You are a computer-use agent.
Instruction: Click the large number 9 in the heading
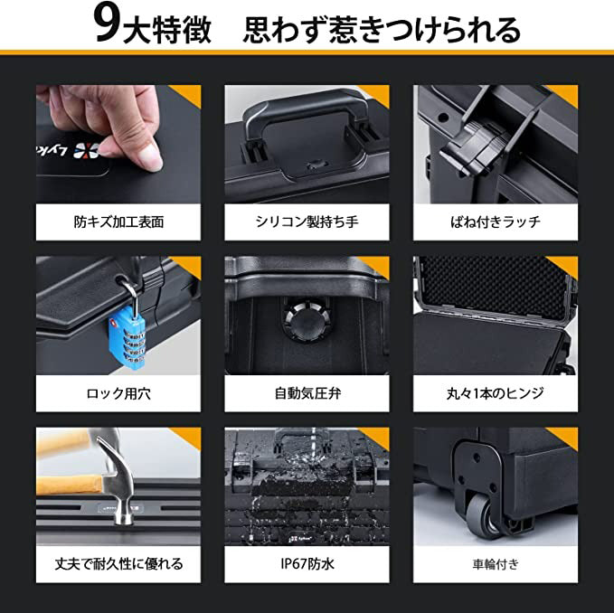pyautogui.click(x=106, y=27)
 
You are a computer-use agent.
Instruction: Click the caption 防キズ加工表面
pyautogui.click(x=118, y=222)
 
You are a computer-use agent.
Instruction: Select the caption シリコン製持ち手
pyautogui.click(x=307, y=222)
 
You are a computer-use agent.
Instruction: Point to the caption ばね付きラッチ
pyautogui.click(x=496, y=222)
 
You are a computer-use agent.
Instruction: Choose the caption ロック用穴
pyautogui.click(x=118, y=393)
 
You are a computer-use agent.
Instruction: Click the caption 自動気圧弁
pyautogui.click(x=307, y=393)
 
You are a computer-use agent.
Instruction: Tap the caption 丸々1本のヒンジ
pyautogui.click(x=496, y=393)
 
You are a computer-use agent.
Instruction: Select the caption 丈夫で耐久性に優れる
pyautogui.click(x=118, y=564)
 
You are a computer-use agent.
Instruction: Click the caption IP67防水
pyautogui.click(x=307, y=564)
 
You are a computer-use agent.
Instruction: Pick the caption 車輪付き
pyautogui.click(x=496, y=564)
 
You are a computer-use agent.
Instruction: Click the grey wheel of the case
pyautogui.click(x=484, y=516)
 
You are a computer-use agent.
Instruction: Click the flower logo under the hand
pyautogui.click(x=86, y=151)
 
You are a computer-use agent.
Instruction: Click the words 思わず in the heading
pyautogui.click(x=284, y=30)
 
